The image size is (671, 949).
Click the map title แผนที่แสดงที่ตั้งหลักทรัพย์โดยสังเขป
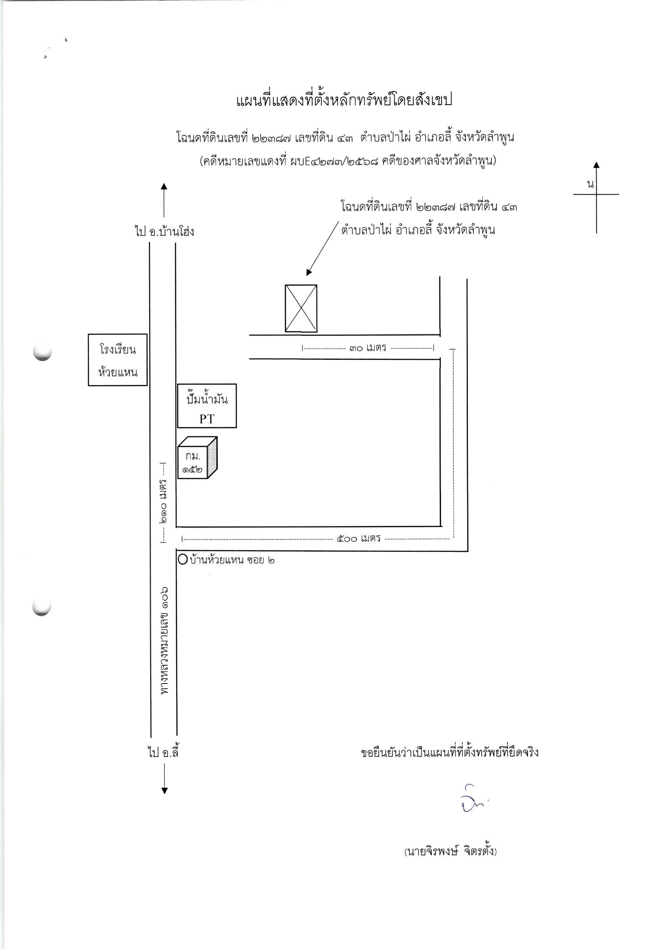coord(344,100)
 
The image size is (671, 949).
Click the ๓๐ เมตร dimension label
coord(368,348)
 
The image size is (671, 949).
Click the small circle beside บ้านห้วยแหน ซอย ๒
coord(183,560)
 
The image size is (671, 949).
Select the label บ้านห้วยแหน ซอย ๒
coord(232,560)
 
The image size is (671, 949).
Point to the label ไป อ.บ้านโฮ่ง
coord(164,231)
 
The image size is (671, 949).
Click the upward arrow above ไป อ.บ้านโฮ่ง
coord(164,200)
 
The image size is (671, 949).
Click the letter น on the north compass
coord(591,184)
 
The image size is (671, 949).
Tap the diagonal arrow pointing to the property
coord(322,248)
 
